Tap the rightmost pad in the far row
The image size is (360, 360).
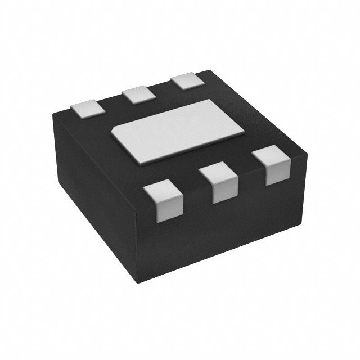point(187,82)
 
